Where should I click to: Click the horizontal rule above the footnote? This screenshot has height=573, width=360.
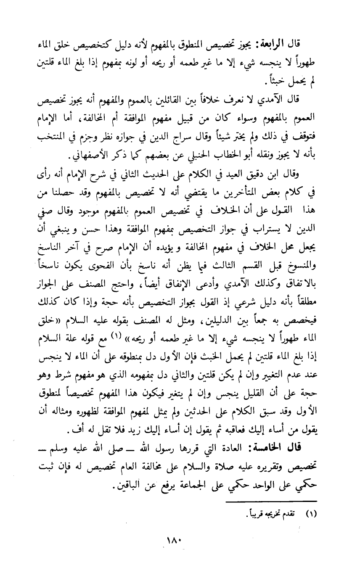pyautogui.click(x=271, y=501)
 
